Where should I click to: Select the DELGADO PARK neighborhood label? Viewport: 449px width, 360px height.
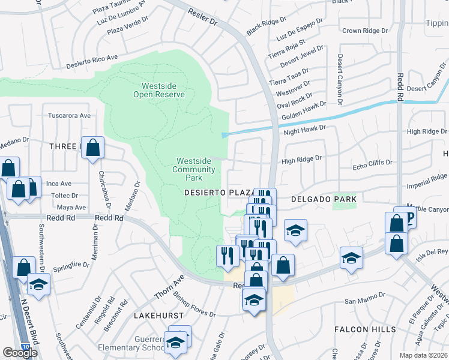[324, 199]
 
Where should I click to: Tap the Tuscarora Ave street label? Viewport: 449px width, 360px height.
[69, 115]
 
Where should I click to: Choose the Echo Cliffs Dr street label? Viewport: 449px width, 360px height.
[372, 163]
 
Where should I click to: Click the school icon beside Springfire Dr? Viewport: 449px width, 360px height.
[38, 283]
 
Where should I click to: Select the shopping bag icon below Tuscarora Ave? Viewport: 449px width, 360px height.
[93, 148]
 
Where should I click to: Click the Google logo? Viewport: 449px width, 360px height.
[20, 353]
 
